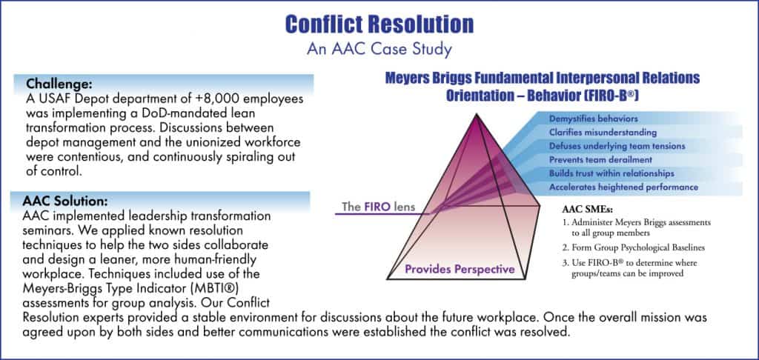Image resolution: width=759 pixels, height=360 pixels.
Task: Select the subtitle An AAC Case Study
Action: click(379, 49)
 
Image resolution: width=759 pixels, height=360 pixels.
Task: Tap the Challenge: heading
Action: click(59, 84)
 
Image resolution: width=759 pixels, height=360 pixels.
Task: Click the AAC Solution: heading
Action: click(65, 200)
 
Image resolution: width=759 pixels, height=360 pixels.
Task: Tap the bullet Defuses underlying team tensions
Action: click(617, 146)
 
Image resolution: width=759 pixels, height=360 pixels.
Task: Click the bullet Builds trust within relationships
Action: click(611, 173)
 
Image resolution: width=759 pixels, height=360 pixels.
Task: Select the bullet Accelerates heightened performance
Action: click(623, 187)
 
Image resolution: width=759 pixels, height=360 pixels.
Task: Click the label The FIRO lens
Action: click(378, 207)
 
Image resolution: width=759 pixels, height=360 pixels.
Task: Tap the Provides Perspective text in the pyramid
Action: click(460, 269)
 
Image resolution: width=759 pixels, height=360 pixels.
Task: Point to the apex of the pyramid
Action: click(477, 114)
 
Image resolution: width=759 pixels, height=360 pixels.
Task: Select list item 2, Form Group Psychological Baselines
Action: click(633, 247)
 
